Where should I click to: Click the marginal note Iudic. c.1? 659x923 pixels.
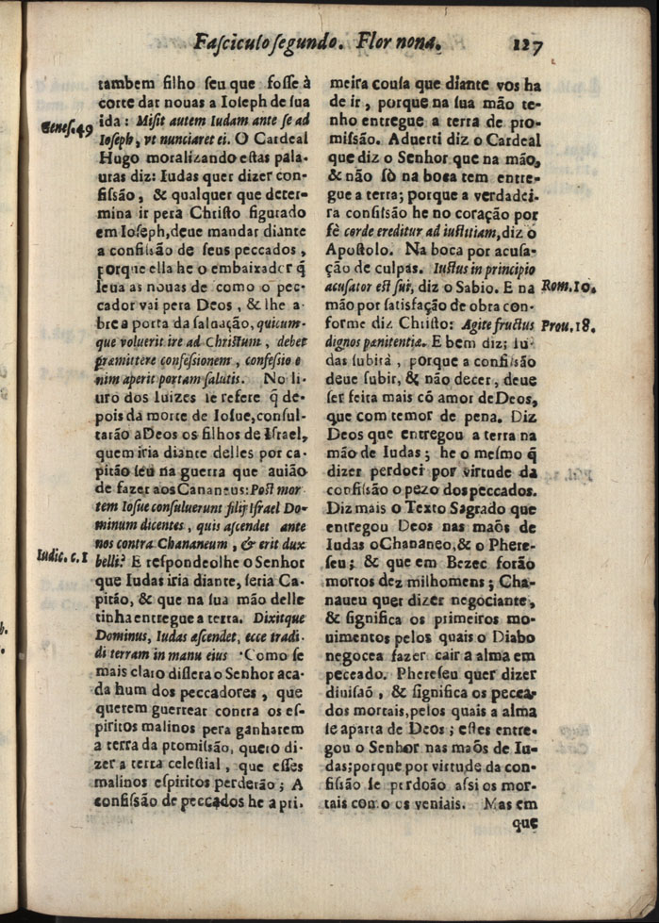coord(63,556)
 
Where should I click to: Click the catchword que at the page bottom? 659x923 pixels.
coord(524,822)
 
